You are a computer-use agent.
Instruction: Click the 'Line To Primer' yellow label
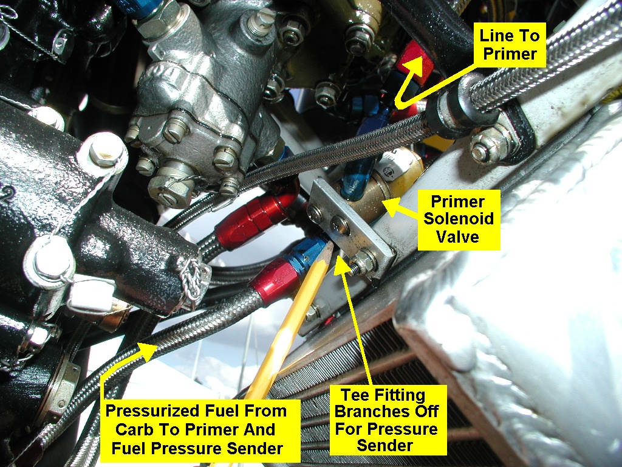coord(510,45)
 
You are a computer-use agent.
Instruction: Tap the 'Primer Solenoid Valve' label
coord(459,219)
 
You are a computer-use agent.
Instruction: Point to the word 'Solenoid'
coord(459,219)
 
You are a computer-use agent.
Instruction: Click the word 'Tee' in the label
coord(354,395)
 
